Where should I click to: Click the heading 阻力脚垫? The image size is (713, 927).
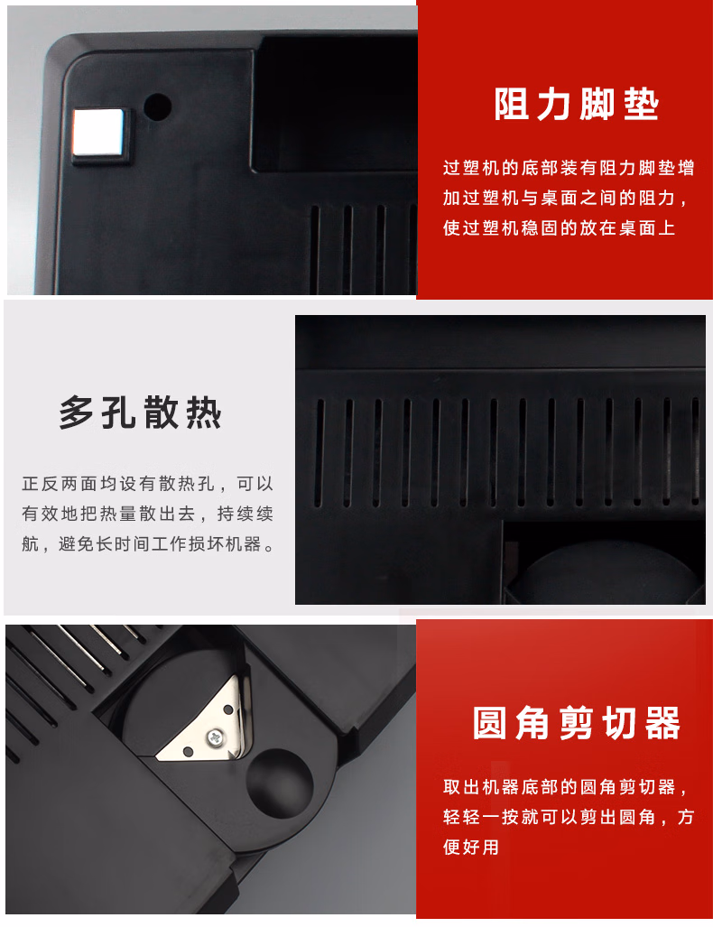click(577, 105)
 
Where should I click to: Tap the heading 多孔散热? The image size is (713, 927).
click(140, 413)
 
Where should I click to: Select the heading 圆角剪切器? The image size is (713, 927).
click(577, 723)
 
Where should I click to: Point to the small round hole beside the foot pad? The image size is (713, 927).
click(158, 107)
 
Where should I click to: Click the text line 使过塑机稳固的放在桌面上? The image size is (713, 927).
click(559, 228)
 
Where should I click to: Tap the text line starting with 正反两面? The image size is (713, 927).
click(147, 483)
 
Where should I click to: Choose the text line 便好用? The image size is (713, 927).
click(471, 847)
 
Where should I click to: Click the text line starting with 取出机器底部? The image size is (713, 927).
click(569, 787)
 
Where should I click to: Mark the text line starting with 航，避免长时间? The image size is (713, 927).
click(147, 544)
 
